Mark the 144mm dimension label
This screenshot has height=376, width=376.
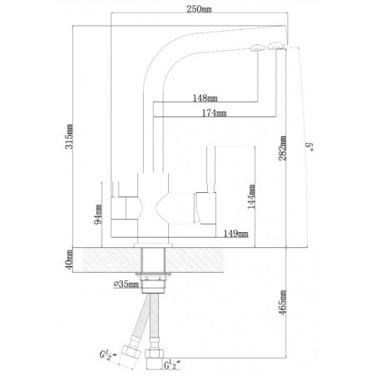(x=252, y=196)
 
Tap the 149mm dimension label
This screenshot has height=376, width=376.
(x=237, y=235)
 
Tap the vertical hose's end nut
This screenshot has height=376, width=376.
(x=156, y=358)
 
